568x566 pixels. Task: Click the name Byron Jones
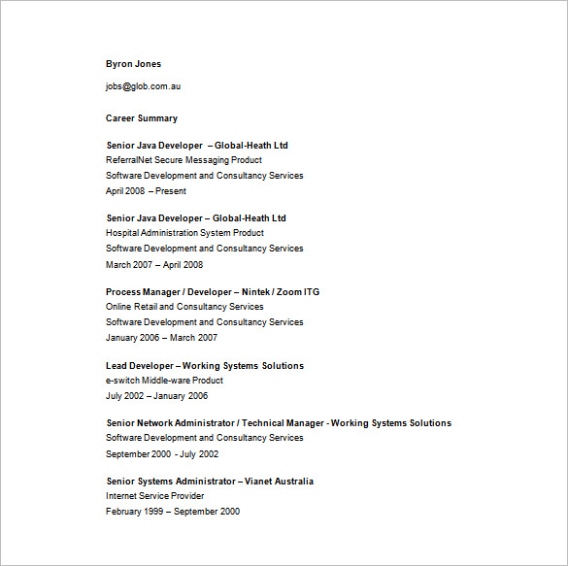point(134,64)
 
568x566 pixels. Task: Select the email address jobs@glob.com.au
point(143,86)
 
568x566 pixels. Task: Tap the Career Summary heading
point(142,118)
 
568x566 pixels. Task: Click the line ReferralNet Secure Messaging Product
point(184,160)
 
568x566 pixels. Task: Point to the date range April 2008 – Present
point(146,191)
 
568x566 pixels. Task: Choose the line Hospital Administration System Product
point(184,233)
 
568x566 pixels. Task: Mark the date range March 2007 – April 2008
point(154,264)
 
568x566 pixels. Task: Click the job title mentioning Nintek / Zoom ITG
point(213,292)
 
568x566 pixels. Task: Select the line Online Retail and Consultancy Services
point(184,307)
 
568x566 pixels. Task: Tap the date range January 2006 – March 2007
point(161,338)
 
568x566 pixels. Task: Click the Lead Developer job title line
point(205,366)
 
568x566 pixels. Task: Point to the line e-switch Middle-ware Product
point(163,381)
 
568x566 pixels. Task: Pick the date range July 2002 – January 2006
point(157,396)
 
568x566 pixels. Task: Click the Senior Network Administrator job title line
point(279,423)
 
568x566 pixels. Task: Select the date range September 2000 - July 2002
point(162,453)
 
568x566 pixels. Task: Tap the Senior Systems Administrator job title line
point(210,482)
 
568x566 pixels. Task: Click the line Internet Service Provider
point(155,496)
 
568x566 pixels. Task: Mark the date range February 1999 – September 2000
point(173,512)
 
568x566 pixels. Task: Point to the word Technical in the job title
point(263,423)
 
